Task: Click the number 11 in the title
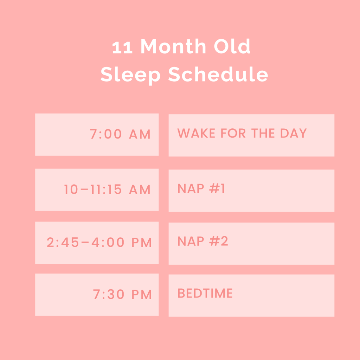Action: (x=122, y=47)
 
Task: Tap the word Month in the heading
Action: (x=173, y=46)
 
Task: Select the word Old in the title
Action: (x=232, y=46)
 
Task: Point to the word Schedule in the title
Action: (x=218, y=74)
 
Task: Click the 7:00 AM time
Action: (x=120, y=134)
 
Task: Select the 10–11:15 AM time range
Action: (x=107, y=189)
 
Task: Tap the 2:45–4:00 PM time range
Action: (x=99, y=243)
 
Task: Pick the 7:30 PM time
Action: (x=122, y=294)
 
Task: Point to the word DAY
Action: (x=294, y=133)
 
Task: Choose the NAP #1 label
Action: (x=201, y=188)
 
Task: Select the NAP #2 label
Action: (x=203, y=241)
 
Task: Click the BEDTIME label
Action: (x=205, y=293)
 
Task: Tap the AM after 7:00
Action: (x=140, y=134)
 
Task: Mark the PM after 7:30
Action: (x=142, y=294)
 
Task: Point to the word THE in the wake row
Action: (x=263, y=133)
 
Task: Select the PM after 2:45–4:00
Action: (x=142, y=243)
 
